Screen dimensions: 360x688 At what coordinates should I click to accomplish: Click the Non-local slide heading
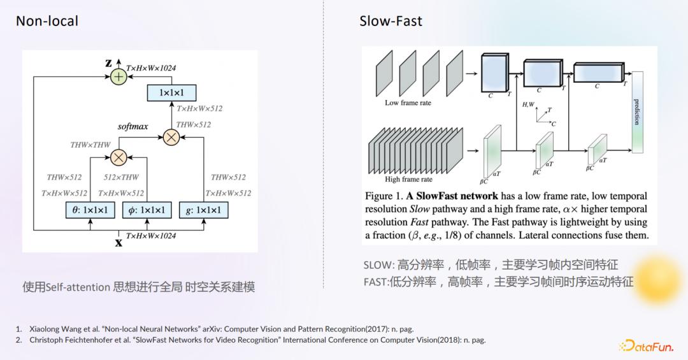coord(47,21)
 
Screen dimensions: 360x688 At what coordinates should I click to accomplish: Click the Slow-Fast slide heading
coord(391,21)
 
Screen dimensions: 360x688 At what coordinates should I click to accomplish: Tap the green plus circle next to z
coord(118,76)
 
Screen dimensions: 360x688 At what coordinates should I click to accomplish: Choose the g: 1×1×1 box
coord(203,210)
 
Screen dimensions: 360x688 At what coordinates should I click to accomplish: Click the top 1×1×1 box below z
coord(171,93)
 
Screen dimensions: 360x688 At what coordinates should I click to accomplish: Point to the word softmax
coord(133,126)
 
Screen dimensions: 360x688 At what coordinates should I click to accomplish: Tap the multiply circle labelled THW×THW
coord(118,157)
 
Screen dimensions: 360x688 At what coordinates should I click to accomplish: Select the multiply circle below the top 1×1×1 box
coord(171,137)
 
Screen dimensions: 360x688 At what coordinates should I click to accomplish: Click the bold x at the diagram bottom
coord(118,242)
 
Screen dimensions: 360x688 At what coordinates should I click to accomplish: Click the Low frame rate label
coord(408,103)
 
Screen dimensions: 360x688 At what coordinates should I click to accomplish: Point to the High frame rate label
coord(409,179)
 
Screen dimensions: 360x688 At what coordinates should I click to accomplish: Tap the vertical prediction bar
coord(636,112)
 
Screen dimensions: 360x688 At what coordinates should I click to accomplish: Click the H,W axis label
coord(528,104)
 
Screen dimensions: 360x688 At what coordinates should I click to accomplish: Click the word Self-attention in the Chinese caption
coord(78,287)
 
